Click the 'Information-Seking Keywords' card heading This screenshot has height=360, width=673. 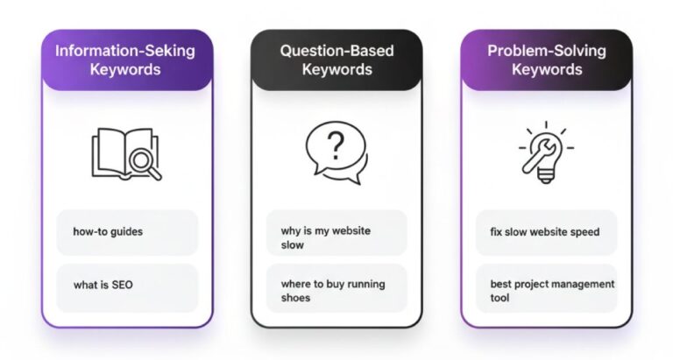coord(126,60)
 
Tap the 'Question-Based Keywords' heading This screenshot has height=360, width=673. coord(336,60)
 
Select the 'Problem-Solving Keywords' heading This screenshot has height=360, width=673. coord(547,60)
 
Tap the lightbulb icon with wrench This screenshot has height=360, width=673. coord(545,153)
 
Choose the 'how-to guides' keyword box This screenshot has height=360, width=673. coord(127,232)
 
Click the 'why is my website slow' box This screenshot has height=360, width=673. coord(336,237)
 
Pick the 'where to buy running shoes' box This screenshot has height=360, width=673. coord(336,290)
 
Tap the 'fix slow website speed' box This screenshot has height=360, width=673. coord(546,232)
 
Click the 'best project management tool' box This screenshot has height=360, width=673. coord(546,290)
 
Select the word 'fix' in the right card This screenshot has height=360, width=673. coord(497,232)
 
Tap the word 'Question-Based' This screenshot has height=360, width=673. coord(336,50)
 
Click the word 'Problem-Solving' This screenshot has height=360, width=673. coord(547,50)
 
